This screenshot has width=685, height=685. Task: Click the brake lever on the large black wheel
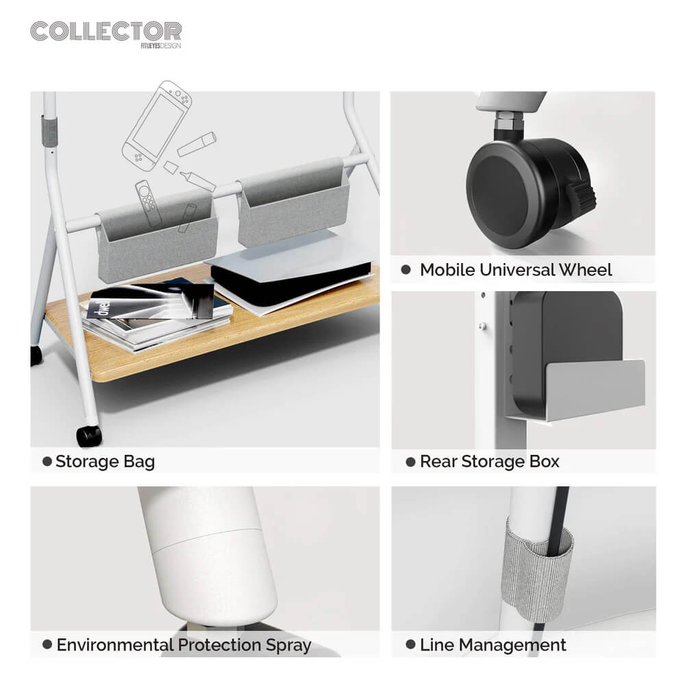pos(582,197)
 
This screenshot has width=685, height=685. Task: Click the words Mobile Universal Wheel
pos(516,270)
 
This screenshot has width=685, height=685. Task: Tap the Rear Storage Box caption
pos(489,461)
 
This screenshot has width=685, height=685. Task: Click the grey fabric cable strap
pos(536,568)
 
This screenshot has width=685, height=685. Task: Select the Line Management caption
pos(493,645)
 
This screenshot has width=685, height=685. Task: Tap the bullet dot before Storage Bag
pos(47,461)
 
